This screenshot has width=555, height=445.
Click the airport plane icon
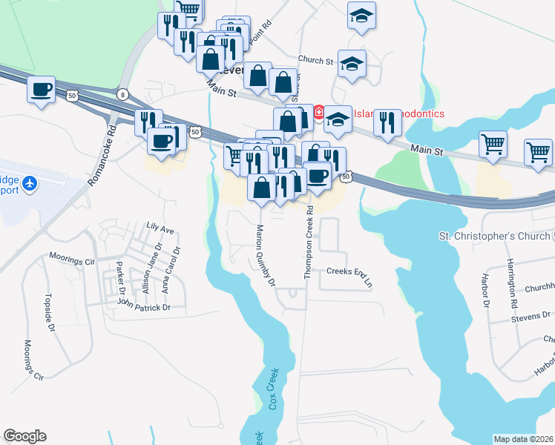click(x=30, y=182)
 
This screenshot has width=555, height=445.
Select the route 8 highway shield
click(x=122, y=93)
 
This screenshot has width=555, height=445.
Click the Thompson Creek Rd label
click(x=309, y=243)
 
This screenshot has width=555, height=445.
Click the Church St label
click(x=316, y=60)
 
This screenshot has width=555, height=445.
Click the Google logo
click(x=24, y=436)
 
